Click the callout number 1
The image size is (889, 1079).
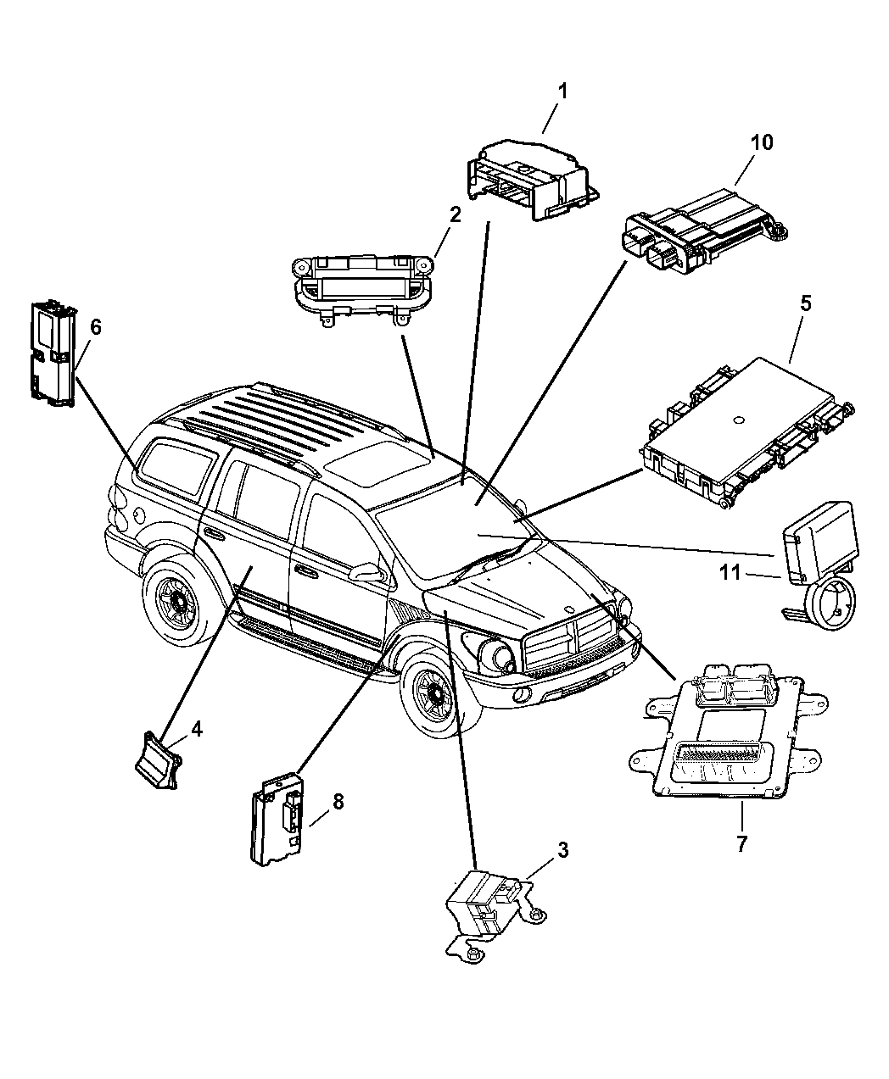coord(562,92)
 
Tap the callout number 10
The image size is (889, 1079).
coord(761,142)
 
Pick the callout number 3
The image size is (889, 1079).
coord(562,850)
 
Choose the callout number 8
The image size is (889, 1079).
coord(338,801)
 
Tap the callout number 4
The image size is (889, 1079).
coord(196,728)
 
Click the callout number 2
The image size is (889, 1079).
coord(455,214)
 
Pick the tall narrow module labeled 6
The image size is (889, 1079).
coord(50,352)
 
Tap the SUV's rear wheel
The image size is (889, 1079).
coord(180,602)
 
